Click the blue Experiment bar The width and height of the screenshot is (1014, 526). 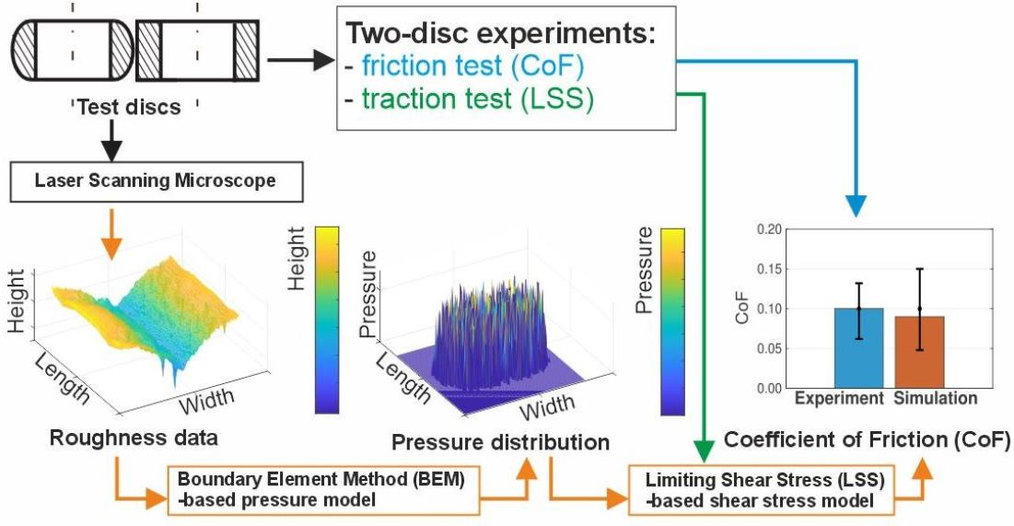[x=858, y=347]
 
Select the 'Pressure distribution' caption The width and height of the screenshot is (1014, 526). [x=500, y=442]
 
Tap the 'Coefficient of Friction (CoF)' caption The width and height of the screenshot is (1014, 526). [x=867, y=441]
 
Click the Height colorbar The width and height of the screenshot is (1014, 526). [x=327, y=320]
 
